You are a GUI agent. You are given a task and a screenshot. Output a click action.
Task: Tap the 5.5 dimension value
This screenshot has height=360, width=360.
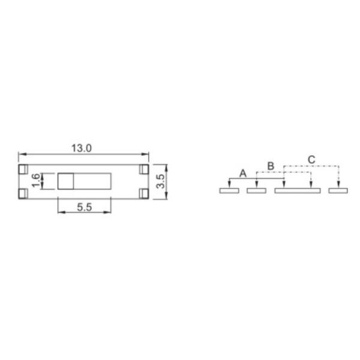[x=84, y=207]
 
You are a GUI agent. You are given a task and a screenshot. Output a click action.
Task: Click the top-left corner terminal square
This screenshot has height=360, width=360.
[x=23, y=169]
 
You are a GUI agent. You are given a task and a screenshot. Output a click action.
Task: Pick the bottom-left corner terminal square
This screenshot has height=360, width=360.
[x=23, y=193]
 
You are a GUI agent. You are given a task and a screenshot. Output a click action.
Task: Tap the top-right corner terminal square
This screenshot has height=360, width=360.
[x=144, y=169]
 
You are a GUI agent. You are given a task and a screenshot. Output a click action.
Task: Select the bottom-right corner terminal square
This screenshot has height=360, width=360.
[x=144, y=193]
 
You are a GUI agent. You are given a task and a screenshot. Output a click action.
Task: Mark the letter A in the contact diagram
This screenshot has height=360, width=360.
[x=243, y=173]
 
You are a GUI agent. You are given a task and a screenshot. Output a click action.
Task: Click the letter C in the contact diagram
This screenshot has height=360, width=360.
[x=311, y=159]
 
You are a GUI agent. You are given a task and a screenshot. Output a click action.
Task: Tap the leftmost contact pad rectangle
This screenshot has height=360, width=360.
[x=229, y=191]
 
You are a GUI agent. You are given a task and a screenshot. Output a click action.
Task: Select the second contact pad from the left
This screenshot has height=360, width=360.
[x=256, y=191]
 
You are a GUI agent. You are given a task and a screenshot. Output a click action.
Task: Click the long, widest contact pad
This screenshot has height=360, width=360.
[x=297, y=191]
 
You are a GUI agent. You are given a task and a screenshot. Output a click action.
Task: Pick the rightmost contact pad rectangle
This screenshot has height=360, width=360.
[x=338, y=191]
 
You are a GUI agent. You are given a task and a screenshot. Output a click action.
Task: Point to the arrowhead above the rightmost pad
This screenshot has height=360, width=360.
[x=339, y=185]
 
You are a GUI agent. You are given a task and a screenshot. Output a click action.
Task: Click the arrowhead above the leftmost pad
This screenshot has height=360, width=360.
[x=229, y=185]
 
